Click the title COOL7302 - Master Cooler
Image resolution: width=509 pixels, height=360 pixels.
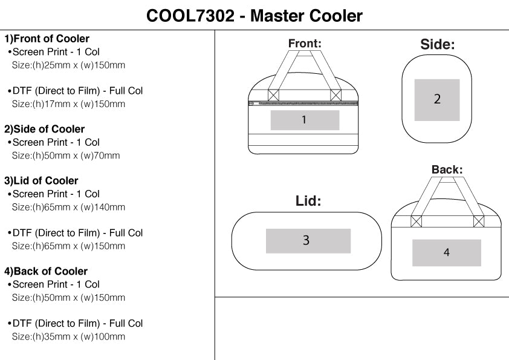[x=254, y=16]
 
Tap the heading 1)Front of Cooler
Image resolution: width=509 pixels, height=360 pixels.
[x=47, y=39]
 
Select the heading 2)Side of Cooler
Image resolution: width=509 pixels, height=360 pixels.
[x=45, y=129]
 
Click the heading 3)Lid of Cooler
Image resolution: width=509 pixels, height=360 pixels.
[x=42, y=180]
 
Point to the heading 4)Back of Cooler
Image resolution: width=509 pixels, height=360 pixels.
[x=46, y=271]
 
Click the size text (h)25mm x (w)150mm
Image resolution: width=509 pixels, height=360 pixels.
[x=68, y=65]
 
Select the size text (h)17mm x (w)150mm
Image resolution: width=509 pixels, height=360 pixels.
[x=68, y=104]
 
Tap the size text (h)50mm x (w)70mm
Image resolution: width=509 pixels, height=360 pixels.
[x=66, y=155]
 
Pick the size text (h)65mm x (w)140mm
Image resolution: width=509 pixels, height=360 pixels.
[x=68, y=207]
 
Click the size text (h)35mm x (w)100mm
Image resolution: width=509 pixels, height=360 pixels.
[x=68, y=336]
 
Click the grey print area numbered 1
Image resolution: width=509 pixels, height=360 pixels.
[x=305, y=120]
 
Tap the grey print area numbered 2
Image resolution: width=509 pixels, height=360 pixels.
[x=437, y=100]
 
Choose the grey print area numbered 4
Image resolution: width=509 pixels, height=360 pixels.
[x=447, y=253]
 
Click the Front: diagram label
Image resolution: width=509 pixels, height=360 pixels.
[x=305, y=44]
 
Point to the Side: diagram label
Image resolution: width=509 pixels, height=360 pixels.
[x=437, y=44]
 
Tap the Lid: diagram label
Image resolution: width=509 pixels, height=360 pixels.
[x=308, y=201]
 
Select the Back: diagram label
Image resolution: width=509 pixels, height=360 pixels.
[x=447, y=170]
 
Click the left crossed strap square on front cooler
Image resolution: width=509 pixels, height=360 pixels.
[x=273, y=95]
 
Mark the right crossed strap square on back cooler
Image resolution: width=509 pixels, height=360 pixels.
[x=479, y=221]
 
